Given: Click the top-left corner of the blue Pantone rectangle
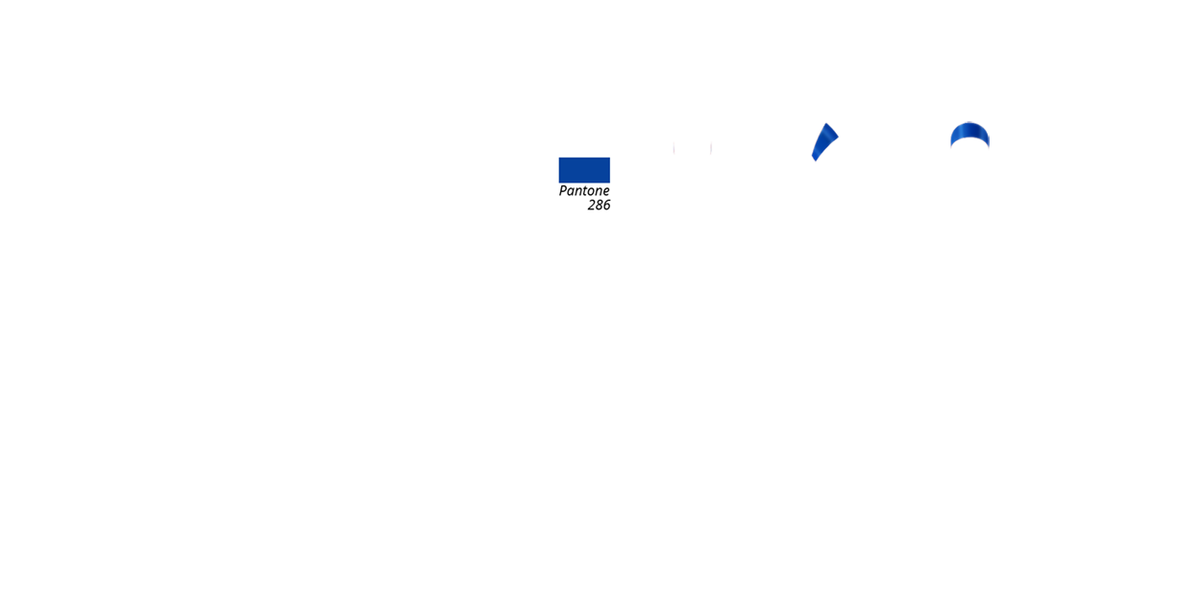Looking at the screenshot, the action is click(558, 158).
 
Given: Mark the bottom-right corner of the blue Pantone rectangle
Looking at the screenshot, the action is click(610, 183).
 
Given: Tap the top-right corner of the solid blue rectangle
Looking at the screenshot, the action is click(610, 158).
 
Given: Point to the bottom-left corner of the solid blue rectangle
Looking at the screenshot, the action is click(558, 183).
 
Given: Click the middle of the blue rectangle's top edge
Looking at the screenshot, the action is click(584, 158).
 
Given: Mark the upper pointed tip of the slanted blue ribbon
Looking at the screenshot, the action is click(826, 123).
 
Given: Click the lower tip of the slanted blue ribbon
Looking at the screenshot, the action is click(815, 160).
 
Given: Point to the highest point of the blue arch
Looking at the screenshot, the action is click(969, 122).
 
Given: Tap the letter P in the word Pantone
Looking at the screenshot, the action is click(563, 191).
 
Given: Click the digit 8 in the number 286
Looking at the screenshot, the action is click(599, 206).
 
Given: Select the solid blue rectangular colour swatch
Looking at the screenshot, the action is click(584, 170).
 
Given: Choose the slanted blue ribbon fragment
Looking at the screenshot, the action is click(824, 141).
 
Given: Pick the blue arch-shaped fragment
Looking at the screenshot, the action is click(969, 134).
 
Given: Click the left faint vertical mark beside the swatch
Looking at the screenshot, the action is click(674, 148).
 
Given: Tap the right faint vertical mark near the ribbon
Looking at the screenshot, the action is click(711, 148).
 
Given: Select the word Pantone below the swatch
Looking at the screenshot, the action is click(584, 191).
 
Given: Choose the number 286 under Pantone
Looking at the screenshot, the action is click(599, 206).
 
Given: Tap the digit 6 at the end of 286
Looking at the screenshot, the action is click(606, 206).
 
